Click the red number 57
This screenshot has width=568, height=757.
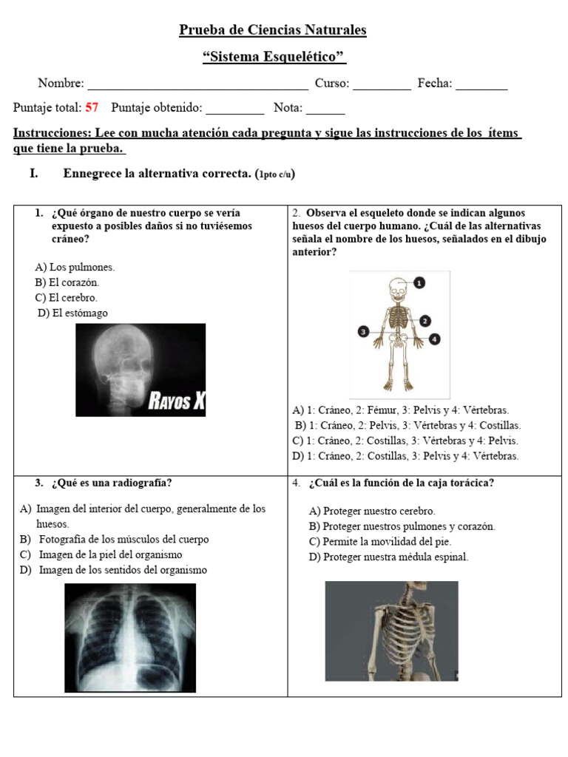[92, 108]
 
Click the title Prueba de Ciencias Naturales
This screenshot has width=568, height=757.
[273, 30]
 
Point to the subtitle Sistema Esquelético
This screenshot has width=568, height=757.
[274, 57]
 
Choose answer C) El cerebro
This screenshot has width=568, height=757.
[66, 298]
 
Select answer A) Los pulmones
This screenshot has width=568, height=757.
[75, 267]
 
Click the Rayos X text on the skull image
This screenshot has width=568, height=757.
[177, 401]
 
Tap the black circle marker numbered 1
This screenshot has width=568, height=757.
[419, 282]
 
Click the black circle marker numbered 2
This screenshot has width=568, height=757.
[425, 321]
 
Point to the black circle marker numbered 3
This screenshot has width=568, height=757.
[363, 332]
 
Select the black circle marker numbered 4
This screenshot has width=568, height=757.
[435, 339]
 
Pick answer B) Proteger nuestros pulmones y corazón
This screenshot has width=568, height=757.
[402, 526]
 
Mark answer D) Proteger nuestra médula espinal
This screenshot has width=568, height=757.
[388, 557]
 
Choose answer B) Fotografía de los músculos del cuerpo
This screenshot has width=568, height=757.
[124, 540]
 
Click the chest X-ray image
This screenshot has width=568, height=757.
[130, 638]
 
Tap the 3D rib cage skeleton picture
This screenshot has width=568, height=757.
[391, 631]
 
